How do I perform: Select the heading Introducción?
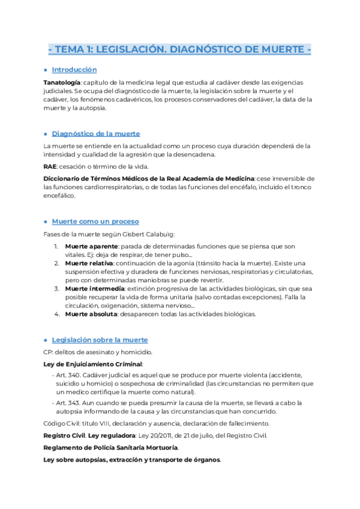74,70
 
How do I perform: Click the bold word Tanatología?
62,82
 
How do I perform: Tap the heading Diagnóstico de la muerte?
96,133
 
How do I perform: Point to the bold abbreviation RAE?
50,166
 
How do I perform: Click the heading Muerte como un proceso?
95,221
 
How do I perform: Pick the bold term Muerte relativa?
88,263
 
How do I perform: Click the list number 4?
56,314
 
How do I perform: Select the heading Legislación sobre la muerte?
100,340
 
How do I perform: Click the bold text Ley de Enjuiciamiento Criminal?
93,364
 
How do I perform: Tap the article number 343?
73,402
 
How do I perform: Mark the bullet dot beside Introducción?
46,70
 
